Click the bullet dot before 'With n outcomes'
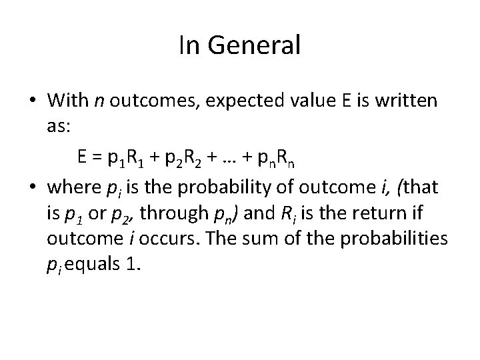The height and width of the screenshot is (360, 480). point(33,101)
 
